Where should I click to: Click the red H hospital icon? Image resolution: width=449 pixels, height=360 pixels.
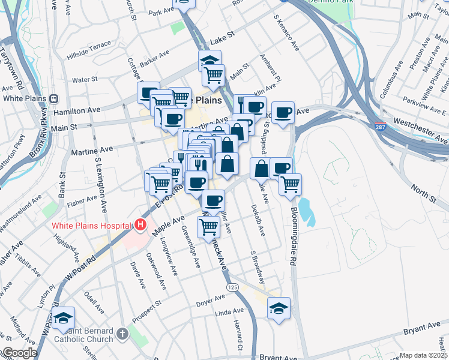(x=140, y=226)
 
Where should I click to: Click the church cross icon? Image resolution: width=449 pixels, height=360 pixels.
(x=122, y=333)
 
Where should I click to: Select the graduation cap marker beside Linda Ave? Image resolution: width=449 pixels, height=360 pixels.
(x=279, y=309)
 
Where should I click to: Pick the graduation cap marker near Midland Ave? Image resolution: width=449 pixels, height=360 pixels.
(x=62, y=319)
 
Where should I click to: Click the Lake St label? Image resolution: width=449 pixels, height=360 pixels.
(x=221, y=42)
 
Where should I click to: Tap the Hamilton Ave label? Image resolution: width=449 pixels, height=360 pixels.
(x=76, y=110)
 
